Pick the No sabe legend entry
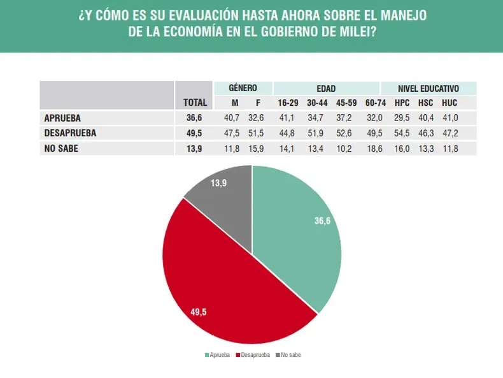289,354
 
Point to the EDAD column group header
326,88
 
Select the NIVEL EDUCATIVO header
429,88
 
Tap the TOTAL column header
194,102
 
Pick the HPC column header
402,102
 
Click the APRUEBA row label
62,118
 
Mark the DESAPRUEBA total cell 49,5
194,133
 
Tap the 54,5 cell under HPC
402,133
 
